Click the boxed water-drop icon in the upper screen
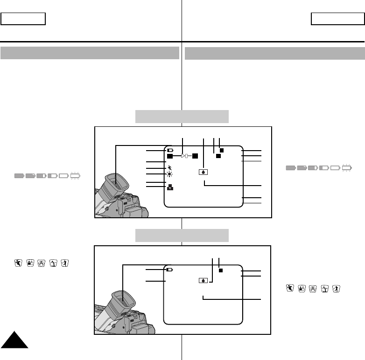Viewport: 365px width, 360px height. point(204,171)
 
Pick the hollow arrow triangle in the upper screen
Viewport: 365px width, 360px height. point(185,157)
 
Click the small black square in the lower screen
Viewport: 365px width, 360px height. point(221,270)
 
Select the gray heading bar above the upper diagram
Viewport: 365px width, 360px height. point(182,116)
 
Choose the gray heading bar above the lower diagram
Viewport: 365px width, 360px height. point(182,235)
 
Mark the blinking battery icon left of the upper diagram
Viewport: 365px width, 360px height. point(75,176)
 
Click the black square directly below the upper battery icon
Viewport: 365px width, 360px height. point(170,157)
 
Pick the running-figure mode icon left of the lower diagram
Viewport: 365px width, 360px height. point(18,263)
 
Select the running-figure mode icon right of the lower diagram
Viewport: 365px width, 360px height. point(289,289)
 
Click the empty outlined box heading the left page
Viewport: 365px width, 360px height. point(23,19)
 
